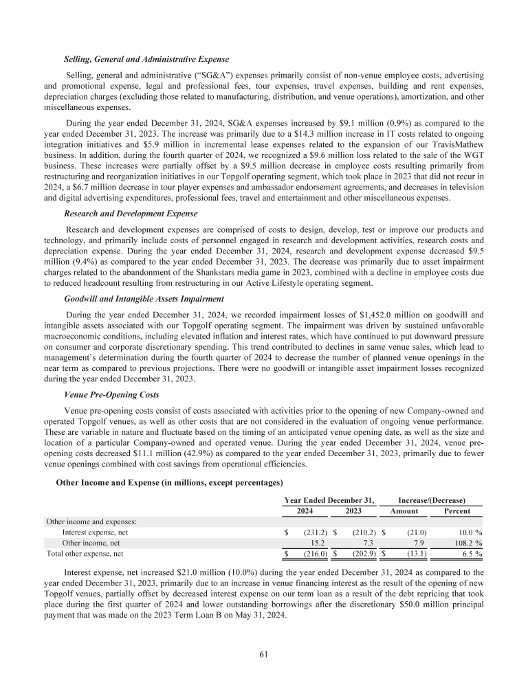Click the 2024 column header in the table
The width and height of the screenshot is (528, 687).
point(305,512)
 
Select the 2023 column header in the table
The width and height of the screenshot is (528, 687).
point(353,512)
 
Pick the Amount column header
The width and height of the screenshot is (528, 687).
point(404,512)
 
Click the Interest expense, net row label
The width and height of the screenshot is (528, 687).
point(95,532)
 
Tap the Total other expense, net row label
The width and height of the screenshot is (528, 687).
point(85,552)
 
